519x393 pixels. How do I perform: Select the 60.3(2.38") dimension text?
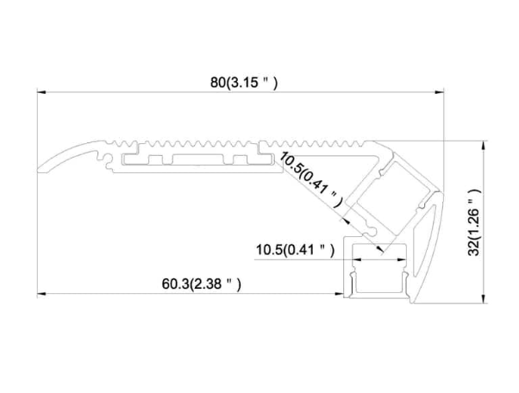point(201,283)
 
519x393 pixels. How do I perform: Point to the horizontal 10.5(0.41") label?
point(294,251)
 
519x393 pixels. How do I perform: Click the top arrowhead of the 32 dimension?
point(481,144)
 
